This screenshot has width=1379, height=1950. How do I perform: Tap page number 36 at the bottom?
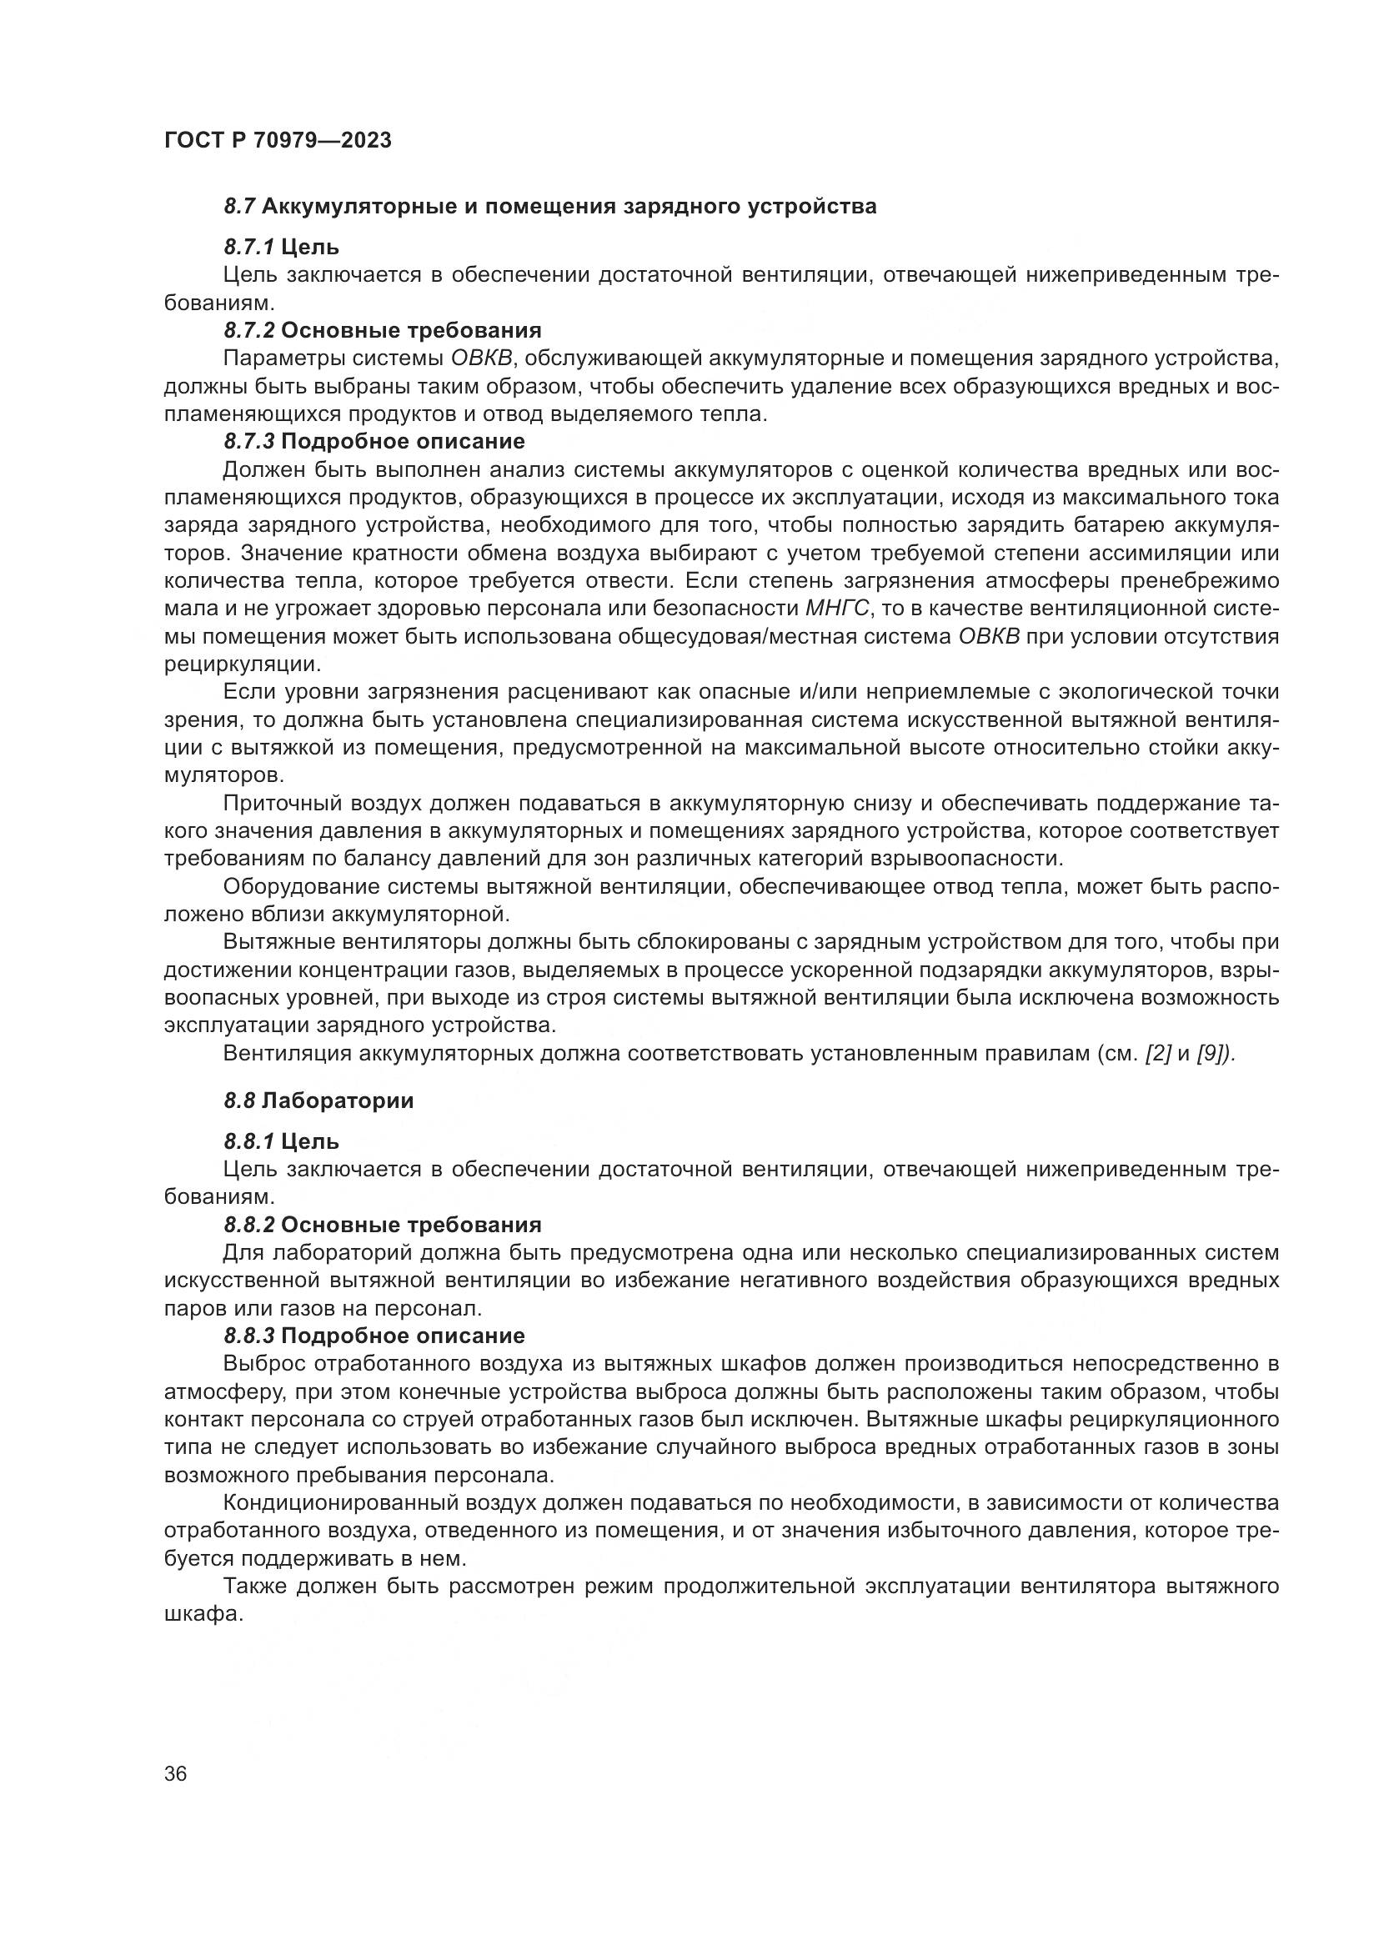176,1775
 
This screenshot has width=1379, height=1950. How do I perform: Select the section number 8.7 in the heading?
239,207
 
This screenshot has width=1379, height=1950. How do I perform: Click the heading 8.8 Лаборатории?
318,1100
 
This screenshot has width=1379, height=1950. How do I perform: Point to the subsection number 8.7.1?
248,247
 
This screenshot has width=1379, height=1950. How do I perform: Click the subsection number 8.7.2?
248,330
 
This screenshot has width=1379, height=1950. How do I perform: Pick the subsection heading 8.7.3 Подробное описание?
374,442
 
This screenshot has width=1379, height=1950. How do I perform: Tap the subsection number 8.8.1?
248,1141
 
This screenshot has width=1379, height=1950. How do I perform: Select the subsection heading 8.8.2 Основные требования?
383,1225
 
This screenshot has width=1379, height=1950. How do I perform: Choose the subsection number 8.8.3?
248,1336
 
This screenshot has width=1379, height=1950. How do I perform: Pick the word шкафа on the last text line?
203,1615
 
